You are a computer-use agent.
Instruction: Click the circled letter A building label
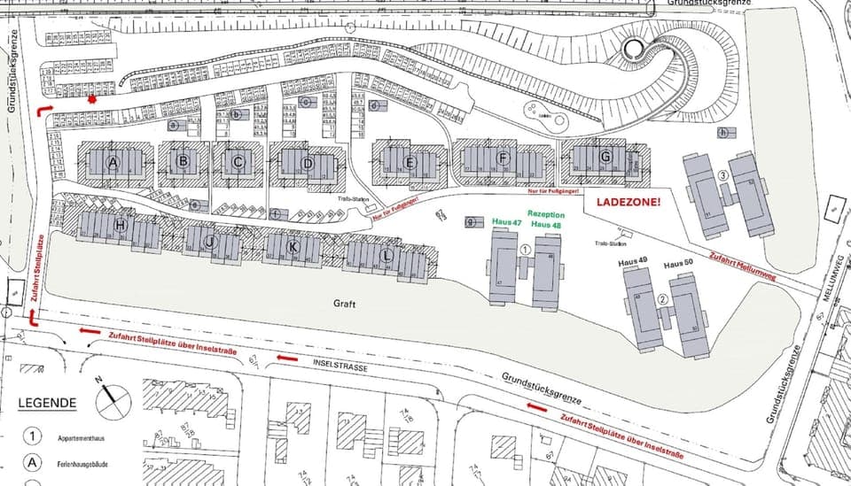coord(113,163)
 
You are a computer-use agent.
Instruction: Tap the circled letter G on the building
coord(606,157)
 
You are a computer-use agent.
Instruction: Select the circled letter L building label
coord(386,256)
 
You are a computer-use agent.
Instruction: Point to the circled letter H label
coord(120,225)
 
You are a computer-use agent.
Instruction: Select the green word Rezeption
coord(546,214)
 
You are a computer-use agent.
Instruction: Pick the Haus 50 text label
coord(678,265)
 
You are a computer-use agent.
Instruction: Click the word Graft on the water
coord(346,304)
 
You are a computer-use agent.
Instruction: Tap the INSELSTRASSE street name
coord(339,364)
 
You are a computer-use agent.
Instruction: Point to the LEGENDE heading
coord(47,404)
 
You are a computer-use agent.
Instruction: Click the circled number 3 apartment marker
coord(723,176)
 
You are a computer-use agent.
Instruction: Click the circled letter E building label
coord(410,162)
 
